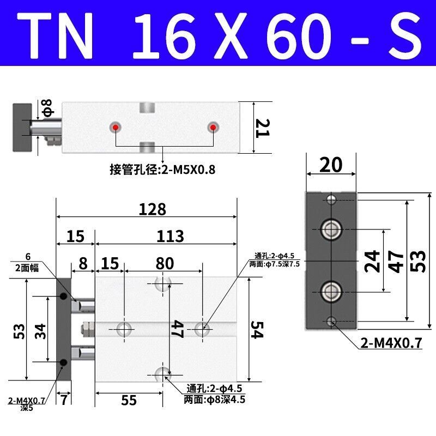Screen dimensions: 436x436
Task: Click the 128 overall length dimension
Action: pos(153,209)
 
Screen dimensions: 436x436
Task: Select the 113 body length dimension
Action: pos(170,237)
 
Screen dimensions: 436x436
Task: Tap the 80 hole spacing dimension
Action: pos(165,263)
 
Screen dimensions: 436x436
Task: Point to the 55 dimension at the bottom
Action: pos(129,400)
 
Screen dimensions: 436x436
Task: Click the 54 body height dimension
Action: pos(256,330)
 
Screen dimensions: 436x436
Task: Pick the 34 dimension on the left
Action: pos(40,331)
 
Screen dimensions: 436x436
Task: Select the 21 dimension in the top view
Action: pos(262,128)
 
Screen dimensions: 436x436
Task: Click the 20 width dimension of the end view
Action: pos(331,165)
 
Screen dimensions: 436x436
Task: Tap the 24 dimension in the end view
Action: pos(372,261)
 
